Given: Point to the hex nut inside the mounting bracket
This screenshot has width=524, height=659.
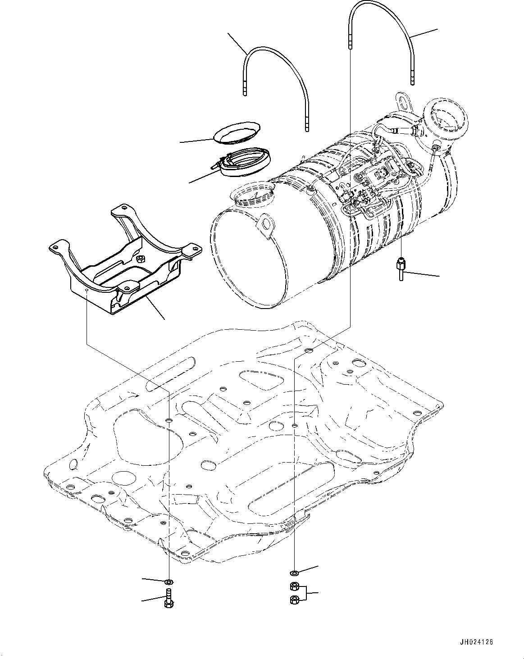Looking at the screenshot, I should pos(140,259).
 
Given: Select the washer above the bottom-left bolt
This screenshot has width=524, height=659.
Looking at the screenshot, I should pos(169,580).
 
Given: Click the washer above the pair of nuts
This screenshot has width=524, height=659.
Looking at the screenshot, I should pos(294,573).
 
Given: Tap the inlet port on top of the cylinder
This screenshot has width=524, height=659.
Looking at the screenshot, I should pos(252,193).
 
